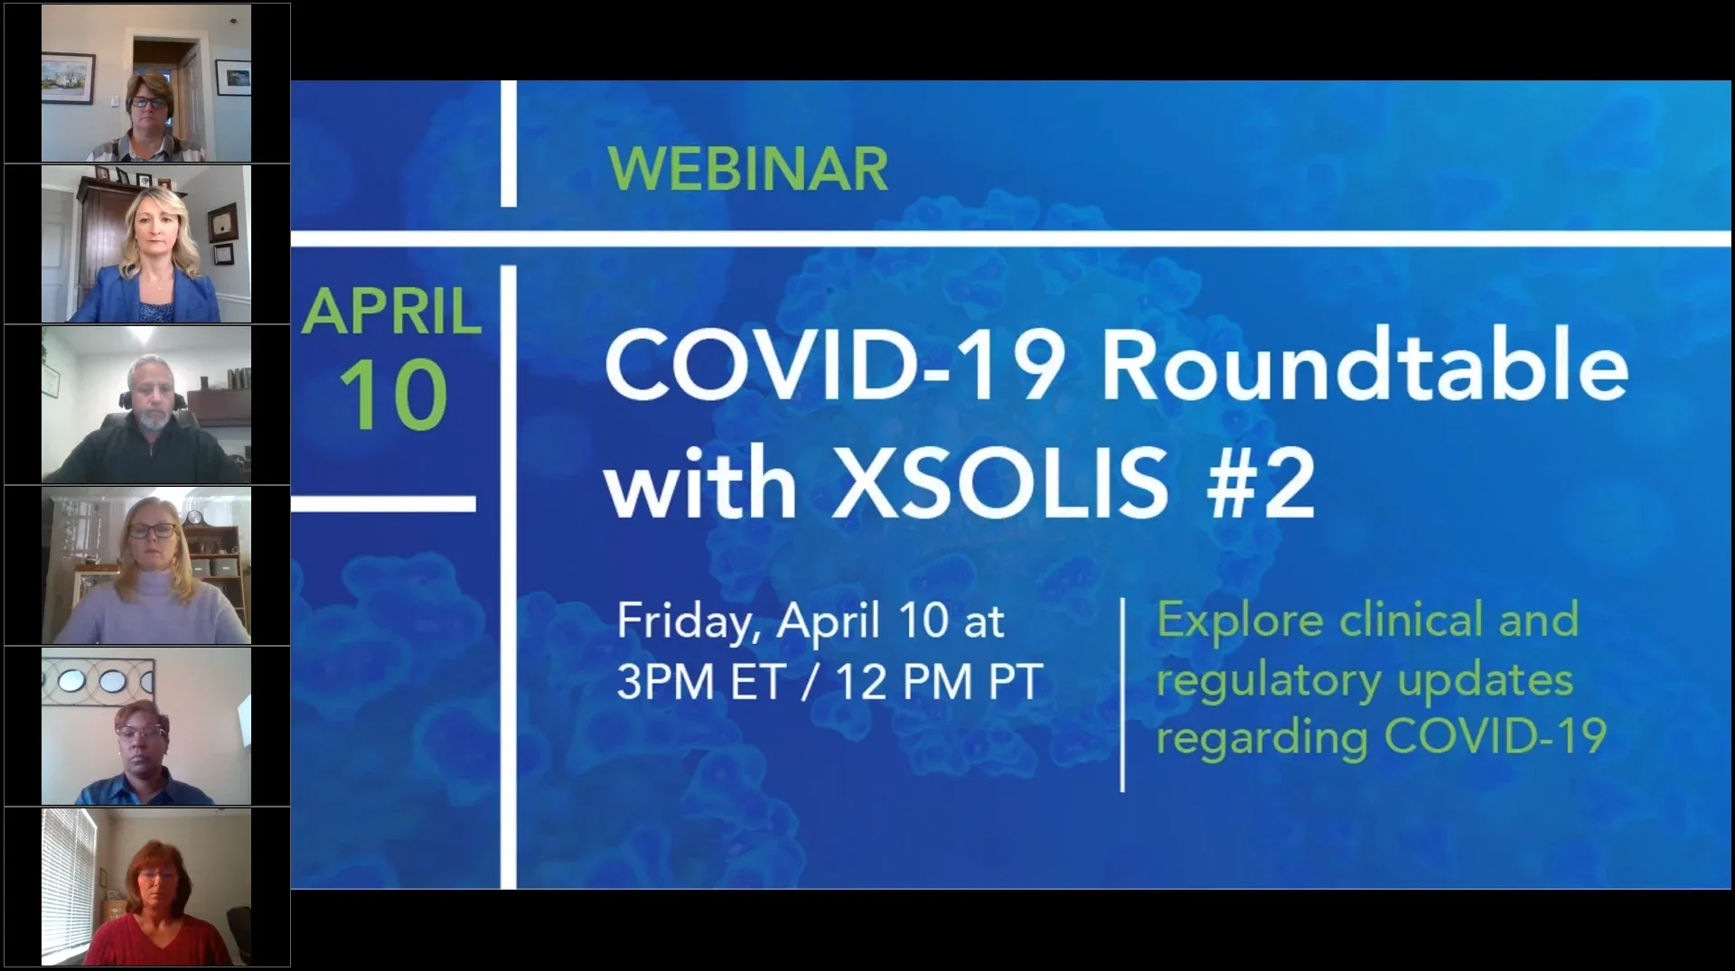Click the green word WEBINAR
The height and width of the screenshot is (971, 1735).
(x=748, y=169)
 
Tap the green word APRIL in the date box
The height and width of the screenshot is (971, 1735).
(x=392, y=312)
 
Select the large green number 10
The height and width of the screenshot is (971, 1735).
(x=393, y=395)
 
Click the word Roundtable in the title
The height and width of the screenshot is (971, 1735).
(x=1365, y=366)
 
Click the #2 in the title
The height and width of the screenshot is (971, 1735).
(x=1261, y=483)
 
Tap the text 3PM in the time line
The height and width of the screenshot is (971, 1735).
(x=665, y=682)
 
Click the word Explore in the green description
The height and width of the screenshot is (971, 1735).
(x=1240, y=621)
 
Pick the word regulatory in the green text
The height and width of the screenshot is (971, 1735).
(x=1269, y=682)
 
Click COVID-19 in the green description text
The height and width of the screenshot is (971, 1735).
(x=1496, y=736)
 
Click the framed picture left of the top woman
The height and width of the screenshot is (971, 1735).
(x=68, y=78)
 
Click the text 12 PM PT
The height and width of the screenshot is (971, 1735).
(x=940, y=682)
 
